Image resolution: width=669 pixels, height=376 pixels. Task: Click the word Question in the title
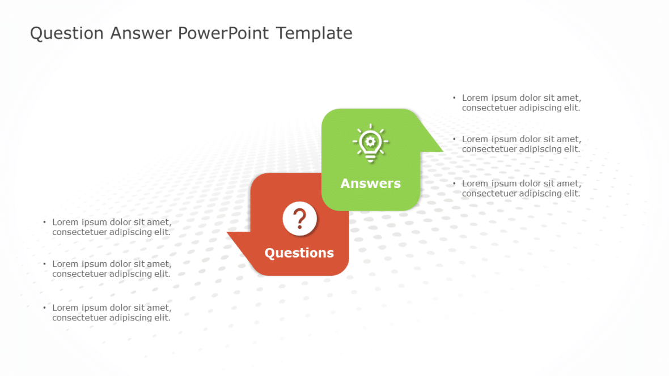(66, 33)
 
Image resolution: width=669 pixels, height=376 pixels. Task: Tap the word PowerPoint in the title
(223, 33)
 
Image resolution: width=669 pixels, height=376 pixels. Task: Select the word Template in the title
(314, 33)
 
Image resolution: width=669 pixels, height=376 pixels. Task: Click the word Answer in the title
(141, 33)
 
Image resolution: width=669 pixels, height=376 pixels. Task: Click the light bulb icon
(370, 143)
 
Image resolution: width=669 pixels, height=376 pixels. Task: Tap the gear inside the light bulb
(370, 141)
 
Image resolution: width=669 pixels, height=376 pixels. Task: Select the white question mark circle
(299, 219)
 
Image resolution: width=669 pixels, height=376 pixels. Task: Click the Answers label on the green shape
(370, 183)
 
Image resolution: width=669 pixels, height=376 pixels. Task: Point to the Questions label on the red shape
(299, 253)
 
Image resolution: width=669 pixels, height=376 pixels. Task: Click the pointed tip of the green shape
(443, 151)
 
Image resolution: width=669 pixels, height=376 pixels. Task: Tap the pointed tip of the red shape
(227, 233)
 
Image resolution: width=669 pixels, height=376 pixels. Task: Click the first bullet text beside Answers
(522, 102)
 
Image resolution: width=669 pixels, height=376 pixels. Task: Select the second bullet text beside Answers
(522, 144)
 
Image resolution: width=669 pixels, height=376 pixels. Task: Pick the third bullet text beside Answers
(522, 189)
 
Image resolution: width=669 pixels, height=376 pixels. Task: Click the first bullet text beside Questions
(112, 227)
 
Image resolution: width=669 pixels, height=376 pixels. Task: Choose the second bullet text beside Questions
(112, 269)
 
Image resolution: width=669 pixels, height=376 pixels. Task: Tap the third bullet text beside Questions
(112, 313)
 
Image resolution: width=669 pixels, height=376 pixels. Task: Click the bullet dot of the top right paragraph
(454, 97)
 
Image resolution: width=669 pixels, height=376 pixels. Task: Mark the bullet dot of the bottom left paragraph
(44, 307)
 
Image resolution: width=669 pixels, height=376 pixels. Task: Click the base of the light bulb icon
(370, 159)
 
